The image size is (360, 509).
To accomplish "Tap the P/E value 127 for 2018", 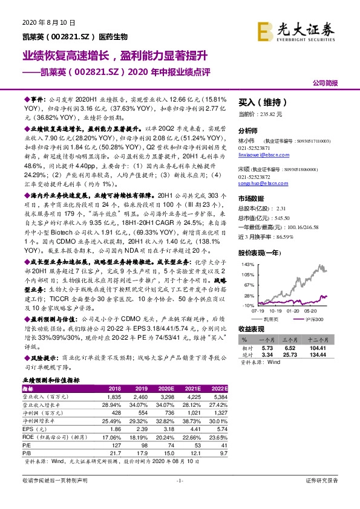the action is (x=114, y=445).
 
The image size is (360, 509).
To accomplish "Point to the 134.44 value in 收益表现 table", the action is (x=329, y=355).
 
